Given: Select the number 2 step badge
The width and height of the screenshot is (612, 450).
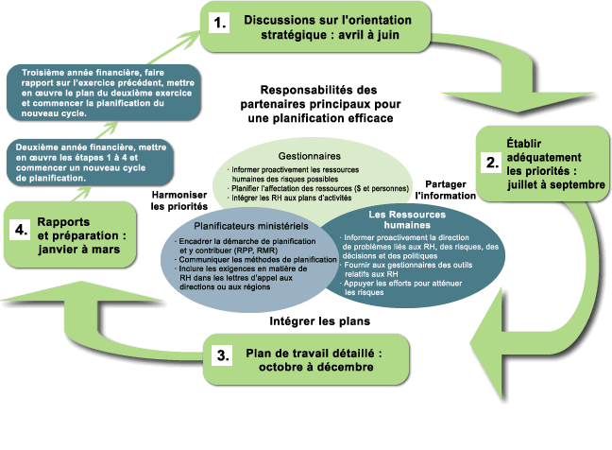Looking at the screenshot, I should tap(491, 162).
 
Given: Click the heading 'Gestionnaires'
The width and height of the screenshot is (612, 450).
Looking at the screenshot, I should tap(309, 155).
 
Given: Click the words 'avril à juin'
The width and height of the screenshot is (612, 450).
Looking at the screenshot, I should tap(348, 37).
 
